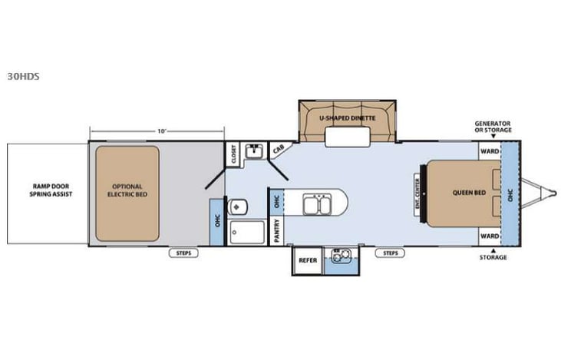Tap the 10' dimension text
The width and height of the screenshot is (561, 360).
[x=161, y=131]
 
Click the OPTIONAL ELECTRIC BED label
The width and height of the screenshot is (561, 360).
[x=127, y=190]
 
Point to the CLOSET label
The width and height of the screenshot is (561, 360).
[x=233, y=155]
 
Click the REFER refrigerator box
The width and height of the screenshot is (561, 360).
[x=308, y=260]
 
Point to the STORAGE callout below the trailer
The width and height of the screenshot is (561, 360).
[x=493, y=257]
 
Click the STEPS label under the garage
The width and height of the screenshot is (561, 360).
[x=184, y=253]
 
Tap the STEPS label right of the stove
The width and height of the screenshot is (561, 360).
[x=390, y=253]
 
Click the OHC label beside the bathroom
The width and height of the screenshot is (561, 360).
[x=216, y=222]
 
